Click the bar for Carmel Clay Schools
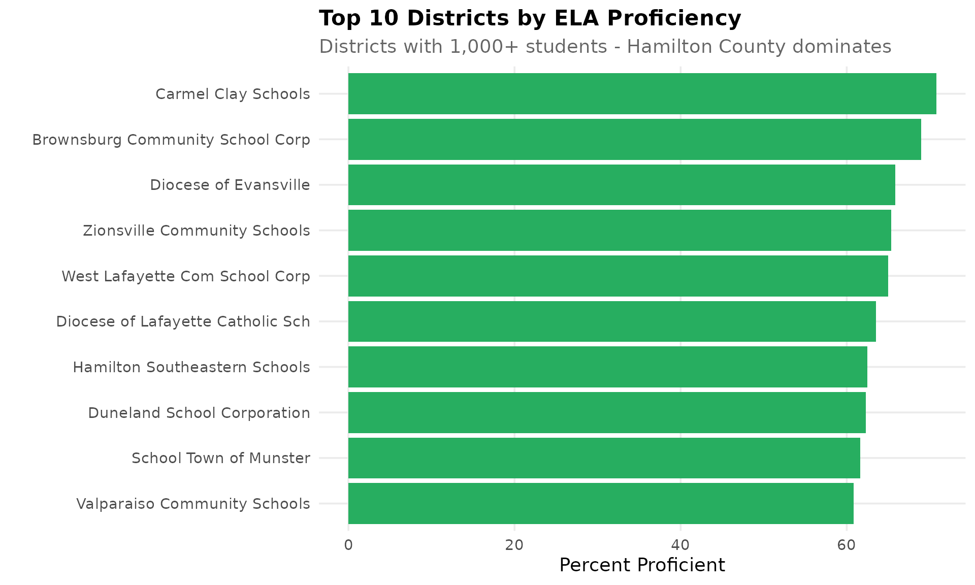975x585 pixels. tap(642, 94)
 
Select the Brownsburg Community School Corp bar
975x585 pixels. tap(634, 139)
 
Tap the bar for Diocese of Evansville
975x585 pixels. tap(622, 185)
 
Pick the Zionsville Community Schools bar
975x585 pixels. tap(620, 230)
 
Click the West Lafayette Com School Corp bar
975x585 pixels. tap(618, 276)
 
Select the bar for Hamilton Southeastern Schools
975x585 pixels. tap(607, 367)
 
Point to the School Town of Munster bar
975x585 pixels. tap(604, 458)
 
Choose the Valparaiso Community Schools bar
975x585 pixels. tap(601, 503)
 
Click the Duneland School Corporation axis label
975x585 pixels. tap(199, 413)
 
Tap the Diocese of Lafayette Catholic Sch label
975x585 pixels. tap(183, 321)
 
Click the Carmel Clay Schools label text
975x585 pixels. tap(233, 94)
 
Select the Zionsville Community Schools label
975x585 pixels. tap(196, 231)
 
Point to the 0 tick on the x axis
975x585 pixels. tap(348, 545)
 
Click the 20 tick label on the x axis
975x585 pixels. tap(514, 545)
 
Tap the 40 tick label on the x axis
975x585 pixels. tap(680, 545)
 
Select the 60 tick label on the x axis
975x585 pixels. tap(847, 545)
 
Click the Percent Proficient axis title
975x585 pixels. tap(642, 565)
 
